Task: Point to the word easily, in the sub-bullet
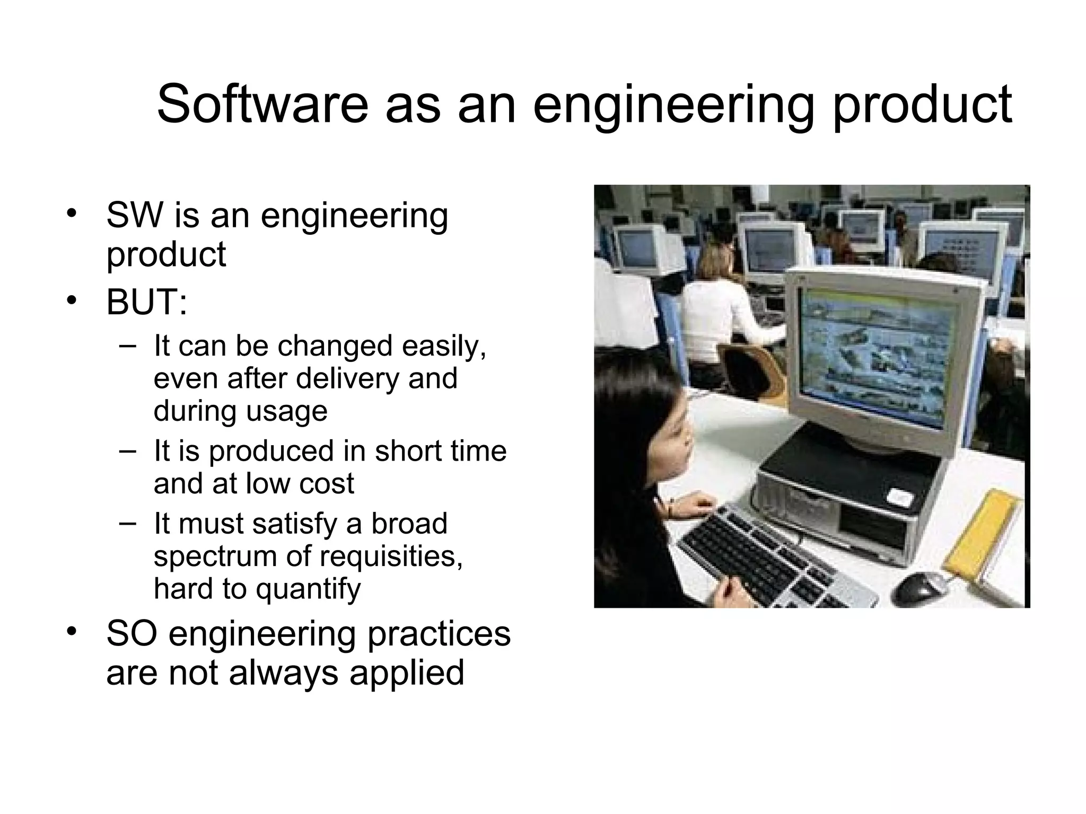(444, 346)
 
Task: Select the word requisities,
(392, 556)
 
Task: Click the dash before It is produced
(128, 450)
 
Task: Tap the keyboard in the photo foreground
(769, 562)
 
